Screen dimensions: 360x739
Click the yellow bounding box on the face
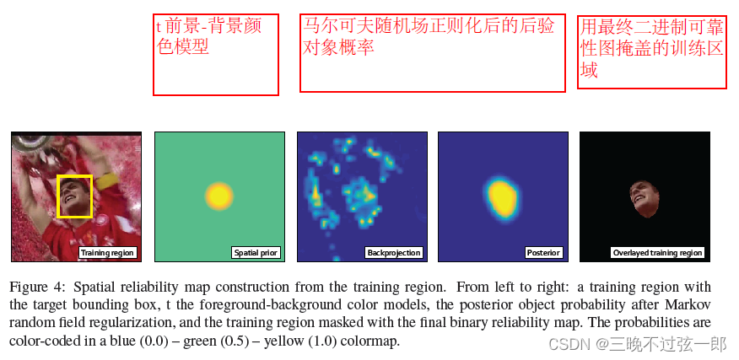74,196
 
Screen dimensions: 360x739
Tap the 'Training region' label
107,253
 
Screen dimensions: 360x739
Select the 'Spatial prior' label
256,253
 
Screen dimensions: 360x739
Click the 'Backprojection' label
394,253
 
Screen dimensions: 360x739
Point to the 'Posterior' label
543,253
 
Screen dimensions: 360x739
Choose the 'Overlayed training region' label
657,253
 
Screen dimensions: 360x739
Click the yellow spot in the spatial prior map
218,196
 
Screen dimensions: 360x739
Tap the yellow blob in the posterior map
504,196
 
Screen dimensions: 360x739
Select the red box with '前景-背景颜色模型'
215,54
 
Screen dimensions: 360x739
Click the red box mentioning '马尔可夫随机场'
432,52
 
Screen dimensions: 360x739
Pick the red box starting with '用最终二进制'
651,51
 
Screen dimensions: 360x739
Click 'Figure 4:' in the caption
36,287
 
